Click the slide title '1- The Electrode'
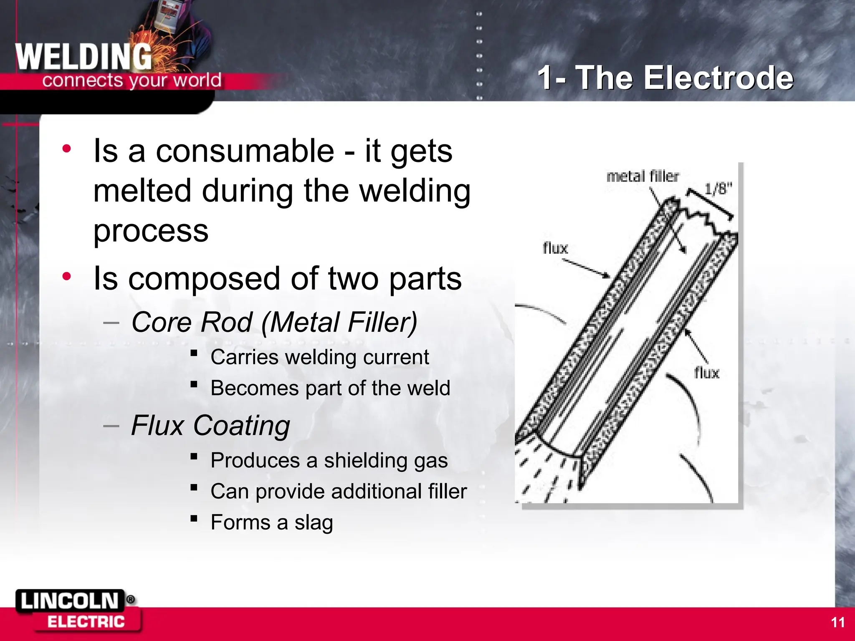pyautogui.click(x=665, y=78)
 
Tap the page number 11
pyautogui.click(x=837, y=622)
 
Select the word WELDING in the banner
pyautogui.click(x=83, y=57)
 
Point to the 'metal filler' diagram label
pyautogui.click(x=643, y=177)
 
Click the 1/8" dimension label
pyautogui.click(x=718, y=189)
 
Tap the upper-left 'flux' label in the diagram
pyautogui.click(x=555, y=248)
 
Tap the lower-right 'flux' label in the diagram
pyautogui.click(x=706, y=373)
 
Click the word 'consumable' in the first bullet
pyautogui.click(x=245, y=151)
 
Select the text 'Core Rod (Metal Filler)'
pyautogui.click(x=274, y=322)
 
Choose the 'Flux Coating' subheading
pyautogui.click(x=210, y=426)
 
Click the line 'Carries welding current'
pyautogui.click(x=319, y=357)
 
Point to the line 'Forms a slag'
pyautogui.click(x=272, y=522)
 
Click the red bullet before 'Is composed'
pyautogui.click(x=66, y=276)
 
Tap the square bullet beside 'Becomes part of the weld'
pyautogui.click(x=194, y=384)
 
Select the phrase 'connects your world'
pyautogui.click(x=132, y=80)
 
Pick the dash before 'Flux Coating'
pyautogui.click(x=111, y=426)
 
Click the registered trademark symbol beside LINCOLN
pyautogui.click(x=130, y=600)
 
